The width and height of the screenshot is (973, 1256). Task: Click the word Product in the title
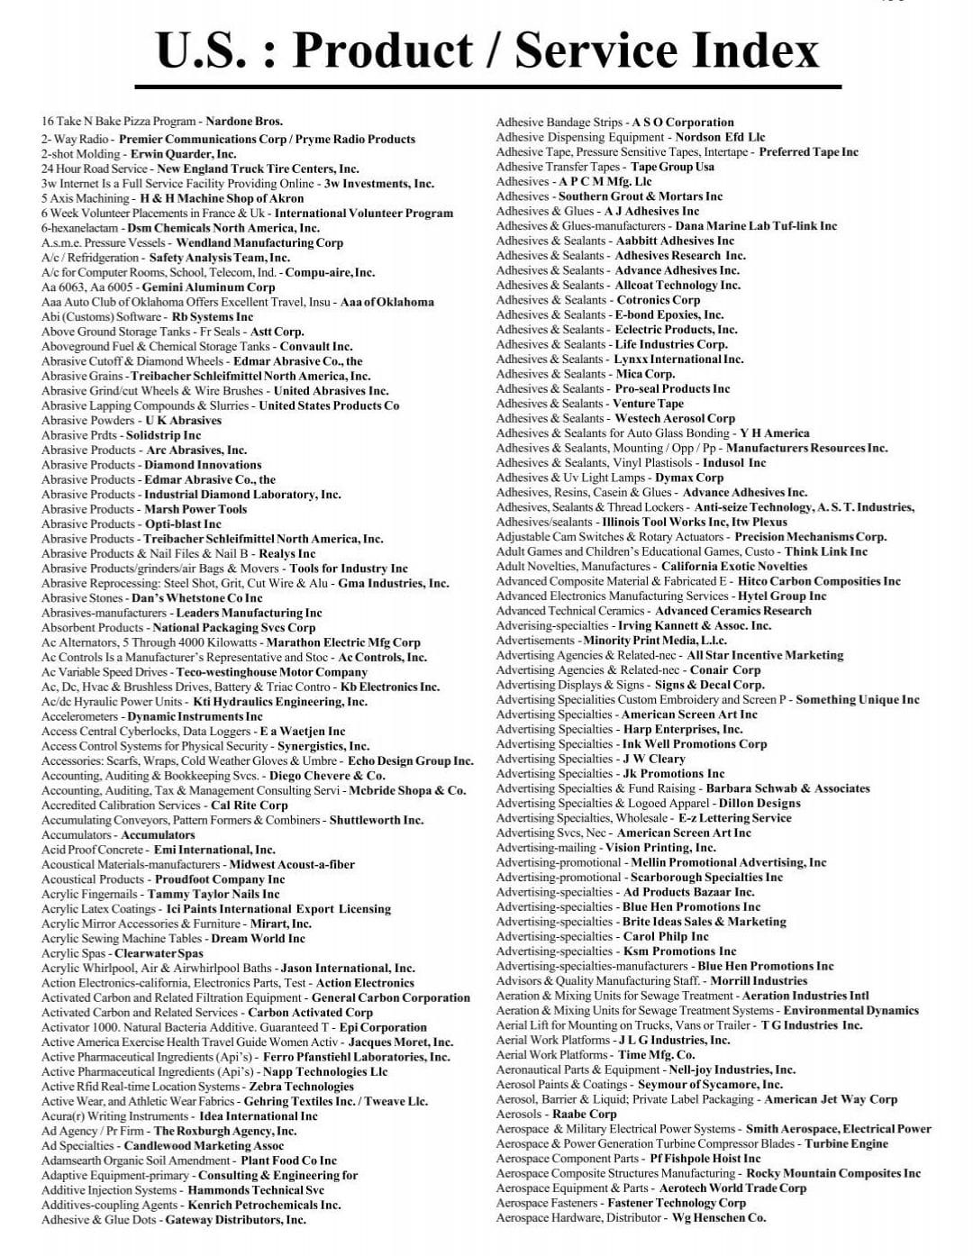(x=382, y=50)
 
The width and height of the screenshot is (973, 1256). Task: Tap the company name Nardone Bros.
(x=244, y=122)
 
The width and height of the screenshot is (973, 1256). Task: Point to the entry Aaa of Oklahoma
(x=386, y=302)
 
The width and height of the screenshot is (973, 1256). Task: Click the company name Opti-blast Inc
(x=183, y=523)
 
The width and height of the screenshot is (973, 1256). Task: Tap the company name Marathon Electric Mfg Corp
(x=342, y=642)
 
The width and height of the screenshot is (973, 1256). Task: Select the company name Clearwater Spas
(x=159, y=953)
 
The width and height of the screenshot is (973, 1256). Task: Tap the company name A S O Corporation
(x=683, y=123)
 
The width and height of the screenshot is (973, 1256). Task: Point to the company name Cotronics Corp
(x=658, y=300)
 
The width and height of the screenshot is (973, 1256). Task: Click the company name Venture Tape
(x=649, y=404)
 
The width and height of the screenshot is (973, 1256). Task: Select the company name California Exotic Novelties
(x=734, y=567)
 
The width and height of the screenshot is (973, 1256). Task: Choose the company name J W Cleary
(x=654, y=759)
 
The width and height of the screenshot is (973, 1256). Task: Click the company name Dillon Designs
(x=759, y=803)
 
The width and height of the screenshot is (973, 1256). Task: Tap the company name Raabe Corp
(x=584, y=1114)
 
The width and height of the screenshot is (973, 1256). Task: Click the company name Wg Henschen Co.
(x=719, y=1217)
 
